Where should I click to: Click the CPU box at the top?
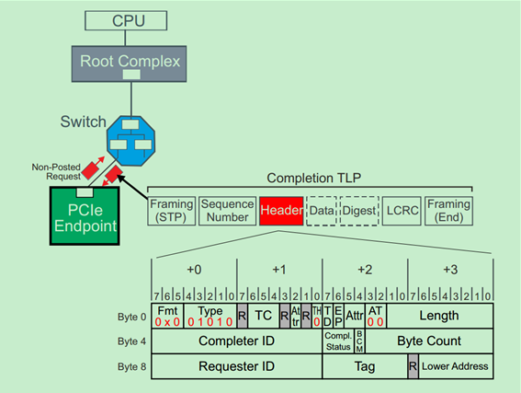click(x=129, y=19)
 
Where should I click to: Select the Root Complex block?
click(x=129, y=62)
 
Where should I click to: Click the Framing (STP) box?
click(x=172, y=211)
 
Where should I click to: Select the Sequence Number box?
click(x=227, y=211)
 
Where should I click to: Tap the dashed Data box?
click(x=321, y=211)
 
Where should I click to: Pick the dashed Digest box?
click(x=359, y=211)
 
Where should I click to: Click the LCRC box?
click(x=402, y=211)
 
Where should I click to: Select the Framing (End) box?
click(x=449, y=211)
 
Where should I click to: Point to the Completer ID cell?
click(x=237, y=341)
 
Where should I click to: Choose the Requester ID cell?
click(x=237, y=365)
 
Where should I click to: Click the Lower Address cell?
click(x=456, y=365)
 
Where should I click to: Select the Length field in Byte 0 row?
click(x=449, y=316)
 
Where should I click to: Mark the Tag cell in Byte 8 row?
click(x=365, y=365)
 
